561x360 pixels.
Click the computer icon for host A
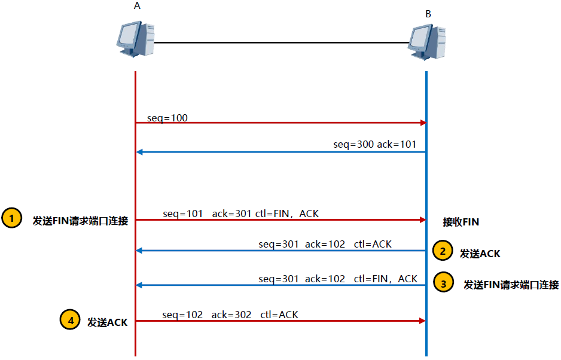[135, 39]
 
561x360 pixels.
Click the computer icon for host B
[427, 42]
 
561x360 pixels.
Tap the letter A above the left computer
[138, 5]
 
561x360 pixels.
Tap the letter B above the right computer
[428, 14]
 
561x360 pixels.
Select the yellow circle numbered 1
[11, 218]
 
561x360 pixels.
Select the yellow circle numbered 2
[443, 251]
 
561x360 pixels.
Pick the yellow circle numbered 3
[443, 283]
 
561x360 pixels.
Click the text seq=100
[167, 118]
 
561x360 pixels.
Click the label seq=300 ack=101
[374, 145]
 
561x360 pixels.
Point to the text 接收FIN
[461, 222]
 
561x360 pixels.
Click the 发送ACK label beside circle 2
[480, 254]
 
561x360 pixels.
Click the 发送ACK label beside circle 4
[108, 322]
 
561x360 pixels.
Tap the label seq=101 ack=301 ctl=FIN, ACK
[245, 213]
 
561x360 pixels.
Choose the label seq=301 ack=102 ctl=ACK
[325, 244]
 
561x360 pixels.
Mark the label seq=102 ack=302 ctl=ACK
[230, 315]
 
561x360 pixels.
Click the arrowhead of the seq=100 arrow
[423, 123]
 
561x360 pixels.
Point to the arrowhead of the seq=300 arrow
[139, 152]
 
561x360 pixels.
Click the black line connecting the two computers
[281, 42]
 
